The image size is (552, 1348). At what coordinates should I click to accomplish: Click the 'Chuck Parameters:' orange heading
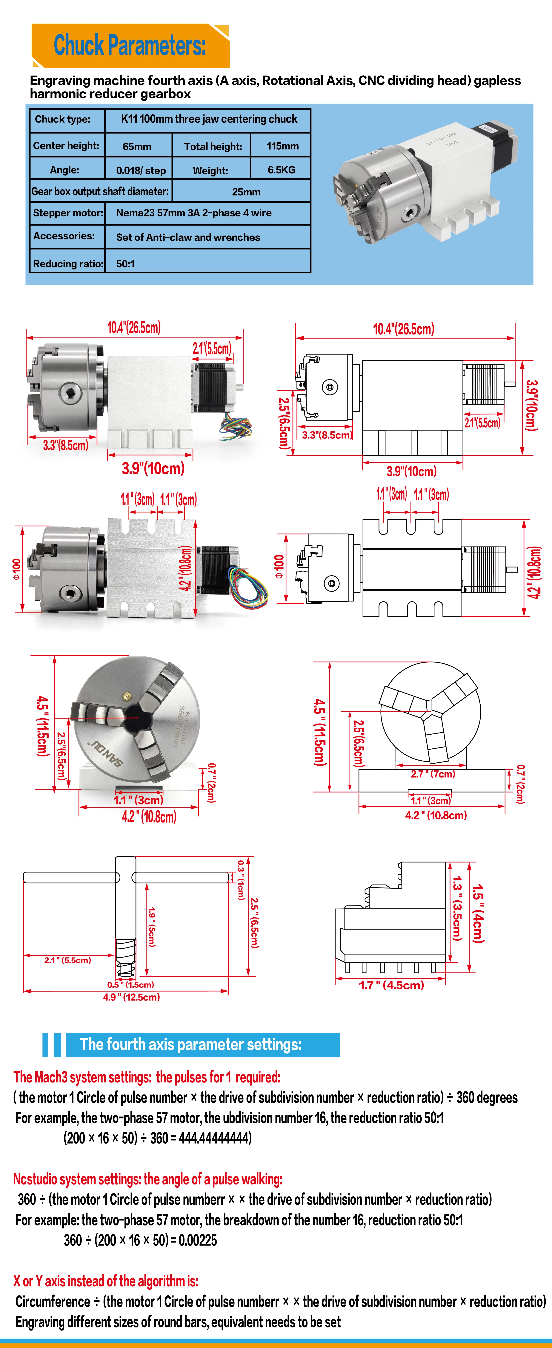(x=130, y=46)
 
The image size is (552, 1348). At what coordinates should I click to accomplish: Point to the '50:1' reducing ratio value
(x=126, y=264)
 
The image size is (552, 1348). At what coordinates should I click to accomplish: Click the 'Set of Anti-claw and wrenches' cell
(x=188, y=237)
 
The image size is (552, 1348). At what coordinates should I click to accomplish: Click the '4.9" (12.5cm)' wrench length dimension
(x=131, y=997)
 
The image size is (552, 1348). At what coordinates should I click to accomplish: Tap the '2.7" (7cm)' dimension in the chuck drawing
(x=433, y=774)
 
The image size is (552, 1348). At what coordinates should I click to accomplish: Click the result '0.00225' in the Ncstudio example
(x=198, y=1240)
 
